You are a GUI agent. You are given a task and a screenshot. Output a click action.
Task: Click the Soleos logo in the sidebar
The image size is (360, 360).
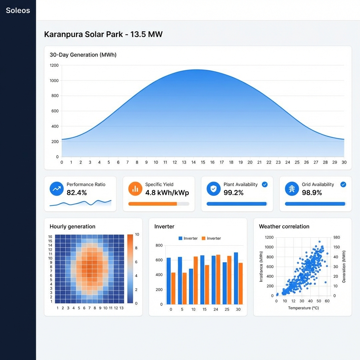point(18,10)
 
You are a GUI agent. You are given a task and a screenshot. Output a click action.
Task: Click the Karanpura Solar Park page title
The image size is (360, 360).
point(103,34)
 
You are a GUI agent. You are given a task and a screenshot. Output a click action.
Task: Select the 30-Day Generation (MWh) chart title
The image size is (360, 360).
point(83,55)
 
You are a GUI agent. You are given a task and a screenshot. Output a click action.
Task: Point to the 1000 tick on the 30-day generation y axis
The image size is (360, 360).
point(54,81)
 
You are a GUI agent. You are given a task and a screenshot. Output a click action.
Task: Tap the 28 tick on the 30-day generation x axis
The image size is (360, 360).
point(326,162)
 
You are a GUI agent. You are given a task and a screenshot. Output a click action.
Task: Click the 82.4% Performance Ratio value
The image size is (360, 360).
point(77,193)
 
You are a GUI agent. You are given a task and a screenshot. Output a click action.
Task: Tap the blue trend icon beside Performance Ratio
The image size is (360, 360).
point(56,189)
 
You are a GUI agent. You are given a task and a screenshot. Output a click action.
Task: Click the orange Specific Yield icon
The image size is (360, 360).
point(135,189)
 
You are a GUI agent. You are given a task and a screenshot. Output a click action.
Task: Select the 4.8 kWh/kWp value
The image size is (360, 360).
point(167,193)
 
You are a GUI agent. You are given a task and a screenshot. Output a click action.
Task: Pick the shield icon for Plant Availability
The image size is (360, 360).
point(213,189)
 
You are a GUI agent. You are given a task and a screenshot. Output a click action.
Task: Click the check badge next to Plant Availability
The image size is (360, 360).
point(265,184)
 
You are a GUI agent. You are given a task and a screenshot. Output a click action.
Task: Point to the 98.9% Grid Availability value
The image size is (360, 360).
point(312,193)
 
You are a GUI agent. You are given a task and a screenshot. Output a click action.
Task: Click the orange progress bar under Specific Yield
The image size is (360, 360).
point(153,204)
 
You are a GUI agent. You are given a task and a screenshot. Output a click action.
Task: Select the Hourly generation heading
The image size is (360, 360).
point(72,226)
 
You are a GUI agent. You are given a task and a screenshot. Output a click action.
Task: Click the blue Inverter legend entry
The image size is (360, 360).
point(188,238)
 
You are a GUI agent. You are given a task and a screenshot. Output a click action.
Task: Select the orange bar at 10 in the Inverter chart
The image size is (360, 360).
point(196,280)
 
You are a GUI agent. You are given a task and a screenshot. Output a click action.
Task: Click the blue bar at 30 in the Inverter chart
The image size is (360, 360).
point(236,278)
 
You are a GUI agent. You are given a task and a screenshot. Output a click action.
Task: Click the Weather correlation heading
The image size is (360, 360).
point(284,226)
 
